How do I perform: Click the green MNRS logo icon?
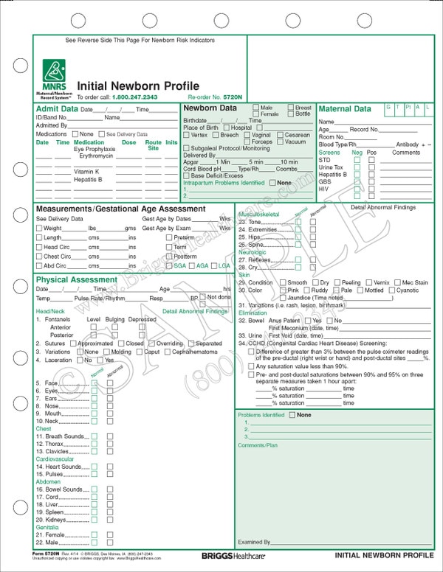click(x=52, y=71)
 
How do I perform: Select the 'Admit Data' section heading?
click(x=57, y=109)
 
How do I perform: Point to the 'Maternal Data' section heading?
click(x=344, y=109)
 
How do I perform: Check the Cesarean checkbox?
click(x=281, y=135)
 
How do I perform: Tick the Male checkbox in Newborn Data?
click(x=255, y=108)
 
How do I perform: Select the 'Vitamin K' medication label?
click(x=87, y=171)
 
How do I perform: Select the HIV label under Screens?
click(x=323, y=189)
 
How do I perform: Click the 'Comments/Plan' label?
click(x=258, y=446)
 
